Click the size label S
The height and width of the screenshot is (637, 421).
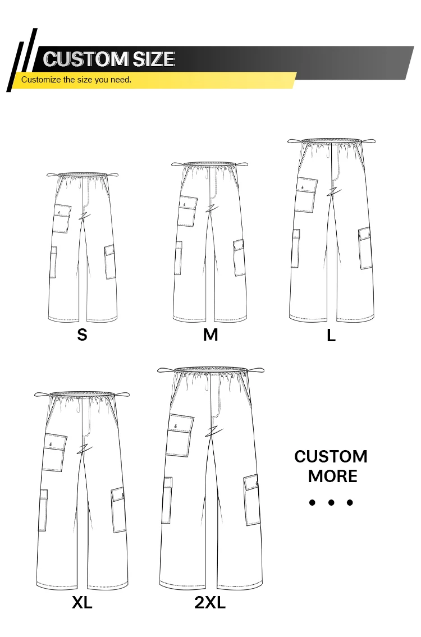click(x=82, y=334)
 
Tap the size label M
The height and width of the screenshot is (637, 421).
click(x=210, y=334)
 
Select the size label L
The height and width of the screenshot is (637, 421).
click(x=331, y=336)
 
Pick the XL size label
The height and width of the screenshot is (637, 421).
click(x=82, y=603)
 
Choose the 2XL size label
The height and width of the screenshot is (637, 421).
click(x=210, y=603)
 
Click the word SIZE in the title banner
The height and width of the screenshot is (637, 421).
click(x=153, y=59)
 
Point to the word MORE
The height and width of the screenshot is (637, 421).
click(x=332, y=476)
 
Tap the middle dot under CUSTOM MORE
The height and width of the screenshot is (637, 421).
click(x=331, y=502)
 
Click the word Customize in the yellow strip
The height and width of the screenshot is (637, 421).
click(x=40, y=80)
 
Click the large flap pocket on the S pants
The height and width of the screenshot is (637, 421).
click(x=62, y=218)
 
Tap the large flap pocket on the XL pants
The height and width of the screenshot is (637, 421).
click(x=54, y=452)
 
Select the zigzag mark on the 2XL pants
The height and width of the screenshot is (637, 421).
click(x=212, y=432)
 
